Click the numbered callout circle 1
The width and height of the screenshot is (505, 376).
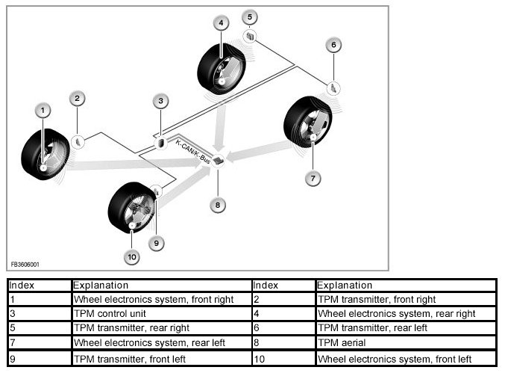43,111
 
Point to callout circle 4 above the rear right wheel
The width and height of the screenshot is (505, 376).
221,23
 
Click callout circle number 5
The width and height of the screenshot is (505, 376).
251,16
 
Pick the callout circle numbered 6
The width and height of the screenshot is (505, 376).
334,45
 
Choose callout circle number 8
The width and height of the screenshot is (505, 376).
217,204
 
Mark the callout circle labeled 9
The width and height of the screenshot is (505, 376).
156,242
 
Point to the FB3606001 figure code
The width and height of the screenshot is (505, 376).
25,264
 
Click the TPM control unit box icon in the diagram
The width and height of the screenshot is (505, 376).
161,142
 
